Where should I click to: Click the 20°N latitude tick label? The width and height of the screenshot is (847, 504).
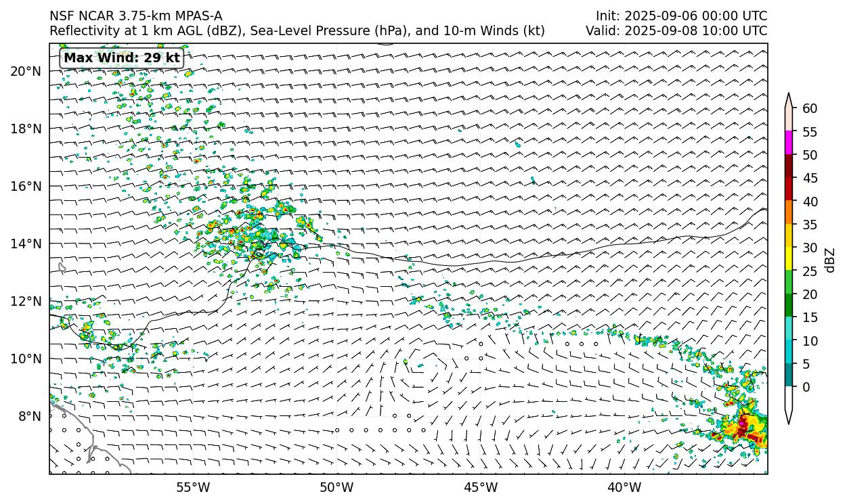pyautogui.click(x=26, y=71)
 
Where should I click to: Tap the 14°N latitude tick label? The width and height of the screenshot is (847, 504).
pyautogui.click(x=26, y=244)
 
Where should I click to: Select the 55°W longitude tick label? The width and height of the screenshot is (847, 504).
pyautogui.click(x=193, y=487)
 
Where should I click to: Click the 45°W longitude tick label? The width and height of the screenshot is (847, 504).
pyautogui.click(x=481, y=487)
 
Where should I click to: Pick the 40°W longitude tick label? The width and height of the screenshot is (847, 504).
pyautogui.click(x=624, y=487)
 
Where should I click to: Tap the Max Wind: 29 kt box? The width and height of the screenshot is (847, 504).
pyautogui.click(x=122, y=58)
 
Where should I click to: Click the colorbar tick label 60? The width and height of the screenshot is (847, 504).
pyautogui.click(x=810, y=108)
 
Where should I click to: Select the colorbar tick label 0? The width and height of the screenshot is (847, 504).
pyautogui.click(x=806, y=388)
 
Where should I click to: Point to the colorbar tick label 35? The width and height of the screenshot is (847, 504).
pyautogui.click(x=810, y=225)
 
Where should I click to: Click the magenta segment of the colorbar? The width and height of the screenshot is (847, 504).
pyautogui.click(x=789, y=143)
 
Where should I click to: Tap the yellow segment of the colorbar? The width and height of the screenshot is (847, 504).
pyautogui.click(x=789, y=259)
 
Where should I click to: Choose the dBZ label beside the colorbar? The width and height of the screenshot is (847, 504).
pyautogui.click(x=830, y=260)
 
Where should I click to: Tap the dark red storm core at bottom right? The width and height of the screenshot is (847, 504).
pyautogui.click(x=743, y=426)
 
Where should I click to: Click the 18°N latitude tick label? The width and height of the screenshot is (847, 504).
pyautogui.click(x=26, y=129)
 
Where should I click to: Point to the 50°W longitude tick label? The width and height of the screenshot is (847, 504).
pyautogui.click(x=336, y=487)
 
